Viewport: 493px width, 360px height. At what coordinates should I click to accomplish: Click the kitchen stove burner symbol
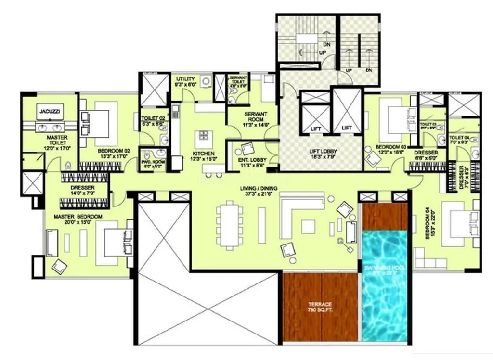pyautogui.click(x=203, y=135)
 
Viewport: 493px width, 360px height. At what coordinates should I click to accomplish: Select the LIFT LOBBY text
pyautogui.click(x=322, y=154)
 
